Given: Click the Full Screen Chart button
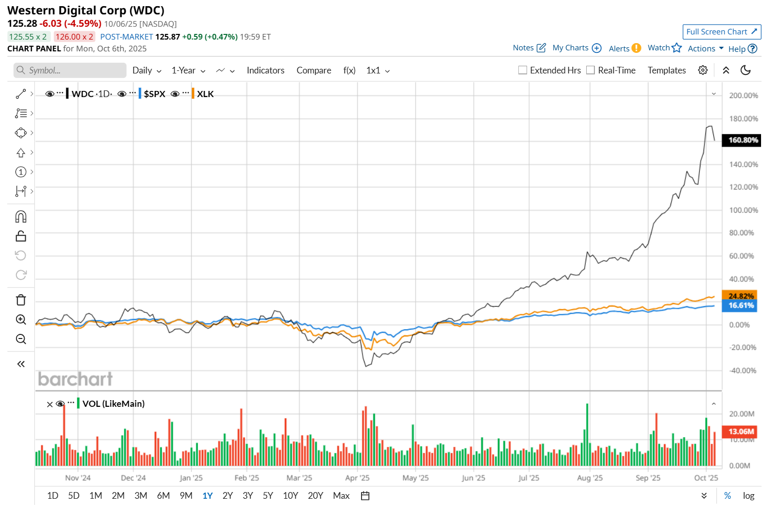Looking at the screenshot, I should tap(721, 32).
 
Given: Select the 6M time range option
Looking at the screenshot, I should tap(163, 496).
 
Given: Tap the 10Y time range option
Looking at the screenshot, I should tap(290, 496).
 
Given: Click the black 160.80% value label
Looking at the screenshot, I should tap(743, 140).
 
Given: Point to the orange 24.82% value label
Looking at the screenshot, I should tap(740, 296).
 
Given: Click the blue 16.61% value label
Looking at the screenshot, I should tap(740, 306).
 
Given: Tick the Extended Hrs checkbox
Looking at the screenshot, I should tap(523, 70).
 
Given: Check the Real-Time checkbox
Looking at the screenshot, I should tap(591, 70).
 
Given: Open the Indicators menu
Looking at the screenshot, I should tap(265, 70).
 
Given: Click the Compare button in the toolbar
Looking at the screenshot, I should tap(314, 70).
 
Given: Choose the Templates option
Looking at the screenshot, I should tap(666, 70).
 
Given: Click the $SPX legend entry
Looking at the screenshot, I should tap(154, 94).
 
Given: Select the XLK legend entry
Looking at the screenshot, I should tap(205, 94).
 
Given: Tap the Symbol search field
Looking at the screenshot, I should tap(70, 70).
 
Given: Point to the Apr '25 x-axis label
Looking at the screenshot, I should tap(357, 478).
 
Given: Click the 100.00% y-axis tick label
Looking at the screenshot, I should tap(743, 210).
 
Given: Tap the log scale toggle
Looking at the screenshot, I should tap(748, 496).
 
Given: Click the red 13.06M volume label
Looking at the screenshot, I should tap(741, 431).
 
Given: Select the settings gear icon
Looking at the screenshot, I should tap(703, 70).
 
